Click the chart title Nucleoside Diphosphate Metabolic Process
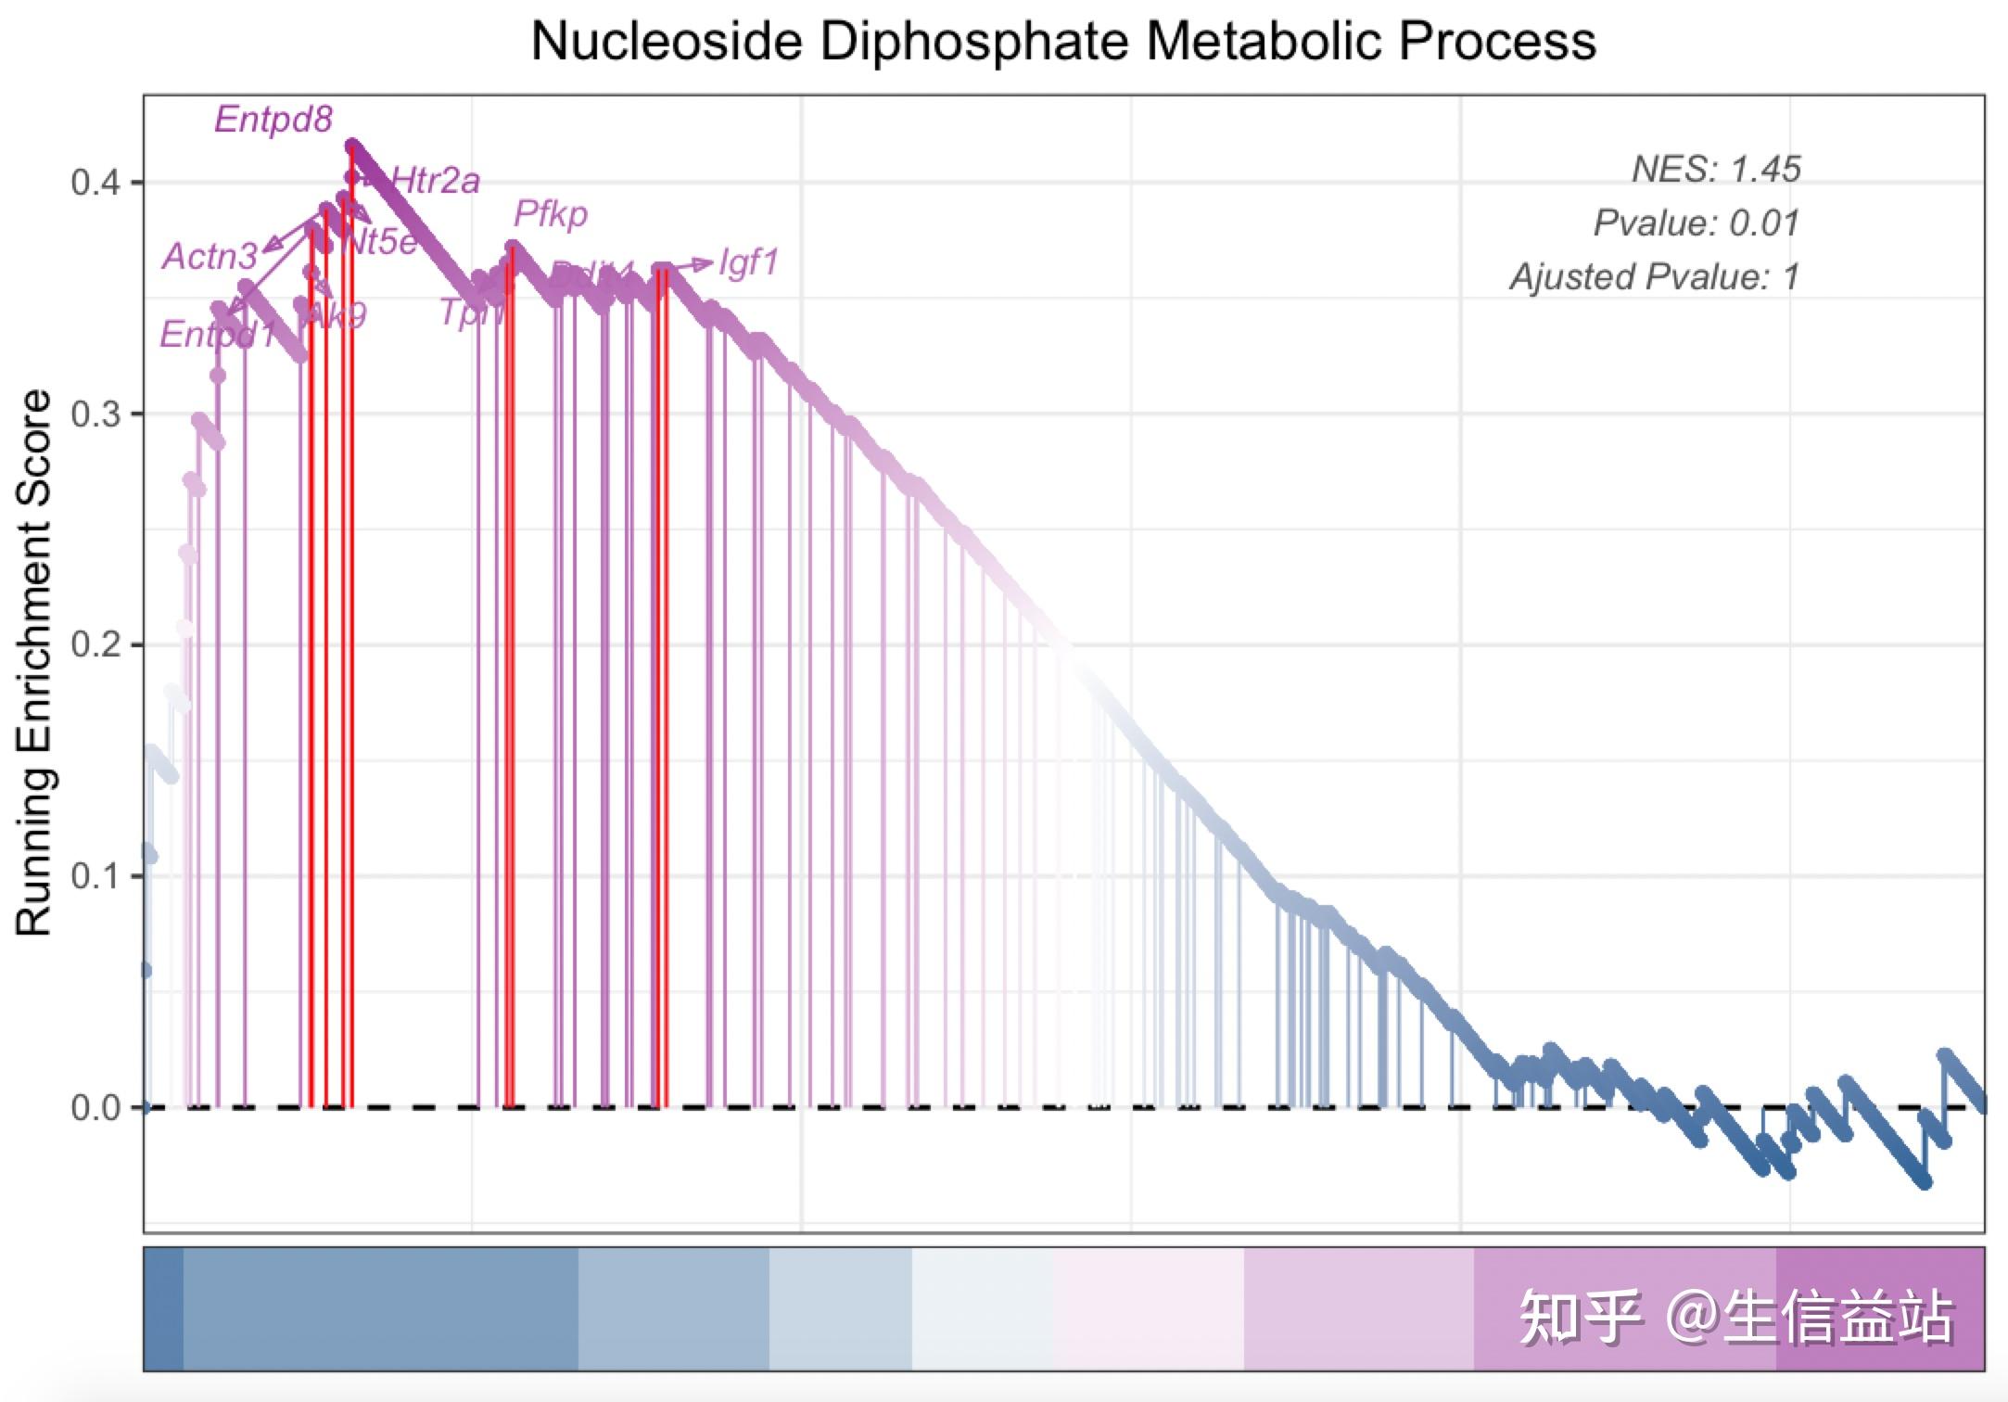pos(1062,42)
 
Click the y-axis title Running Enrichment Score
pos(34,662)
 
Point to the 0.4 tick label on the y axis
pos(95,182)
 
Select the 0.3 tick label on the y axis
pos(95,414)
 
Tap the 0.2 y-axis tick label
pos(95,644)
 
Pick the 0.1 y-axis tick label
pos(95,876)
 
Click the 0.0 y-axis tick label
pos(95,1107)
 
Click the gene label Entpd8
pos(273,120)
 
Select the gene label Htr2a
pos(436,181)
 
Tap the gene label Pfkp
pos(551,214)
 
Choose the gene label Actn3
pos(210,257)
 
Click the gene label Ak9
pos(337,315)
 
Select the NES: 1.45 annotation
pos(1715,170)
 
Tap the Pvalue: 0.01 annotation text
pos(1696,223)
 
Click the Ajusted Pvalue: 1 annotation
pos(1654,277)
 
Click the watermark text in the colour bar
pos(1735,1317)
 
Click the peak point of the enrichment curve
pos(351,147)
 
